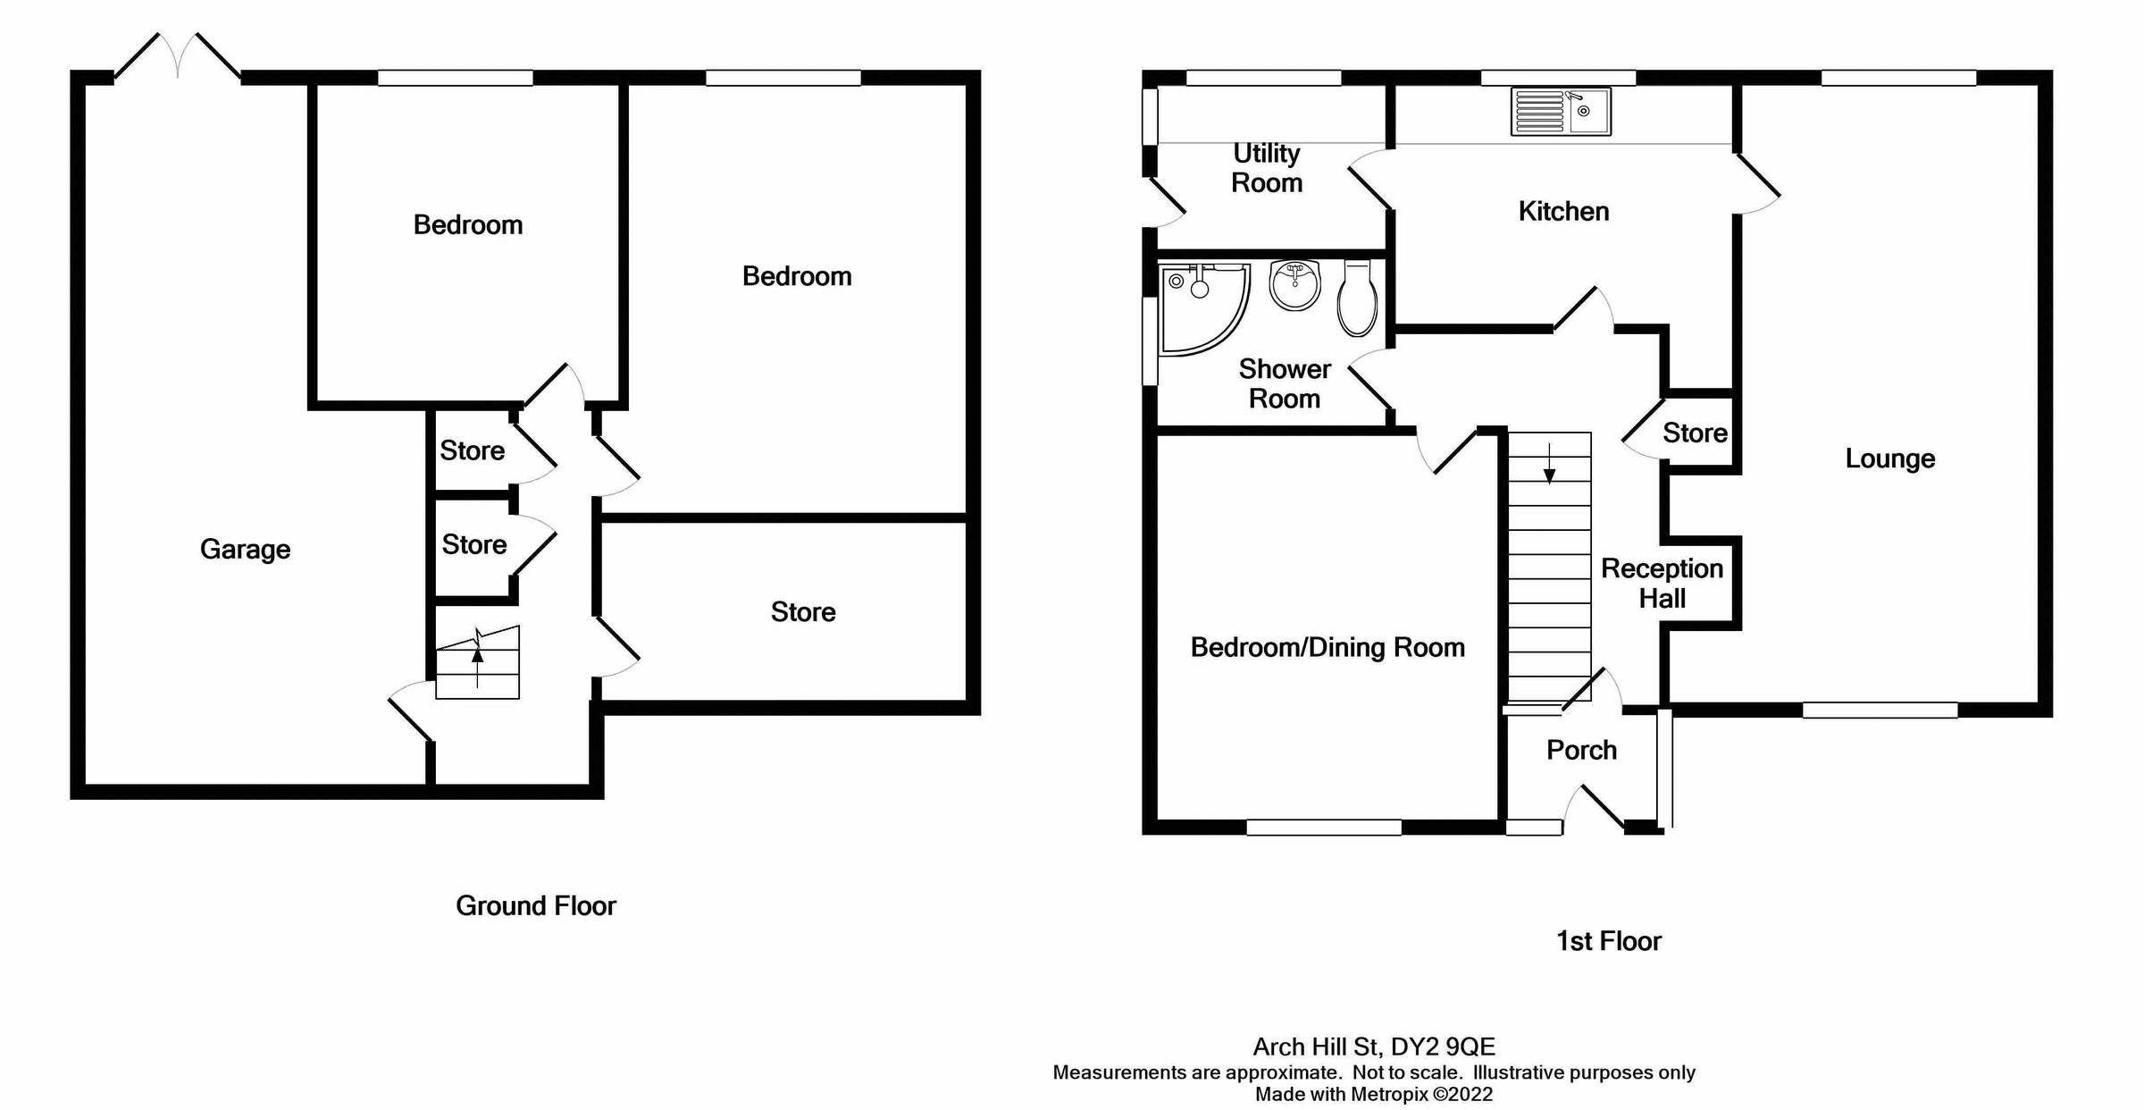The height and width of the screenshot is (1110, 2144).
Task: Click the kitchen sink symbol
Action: coord(1561,112)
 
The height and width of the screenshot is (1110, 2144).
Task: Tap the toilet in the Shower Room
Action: coord(1357,299)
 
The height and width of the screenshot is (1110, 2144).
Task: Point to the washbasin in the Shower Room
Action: coord(1294,285)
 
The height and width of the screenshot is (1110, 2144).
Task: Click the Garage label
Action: coord(245,549)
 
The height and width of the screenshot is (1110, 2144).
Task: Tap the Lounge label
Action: coord(1889,458)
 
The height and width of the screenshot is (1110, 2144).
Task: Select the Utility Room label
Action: coord(1266,168)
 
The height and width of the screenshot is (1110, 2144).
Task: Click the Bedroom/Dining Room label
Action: coord(1327,647)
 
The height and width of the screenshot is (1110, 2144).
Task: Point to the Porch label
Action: coord(1581,750)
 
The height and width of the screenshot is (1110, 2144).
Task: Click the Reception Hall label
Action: coord(1662,583)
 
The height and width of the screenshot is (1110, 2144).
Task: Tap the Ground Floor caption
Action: coord(536,905)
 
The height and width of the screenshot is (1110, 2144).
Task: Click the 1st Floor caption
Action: coord(1608,940)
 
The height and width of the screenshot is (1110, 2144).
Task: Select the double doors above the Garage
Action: coord(178,56)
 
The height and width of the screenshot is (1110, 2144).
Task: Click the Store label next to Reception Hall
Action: coord(1694,433)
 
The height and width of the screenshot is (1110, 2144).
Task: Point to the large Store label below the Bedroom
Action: coord(803,612)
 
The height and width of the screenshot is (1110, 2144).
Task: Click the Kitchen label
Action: coord(1563,211)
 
